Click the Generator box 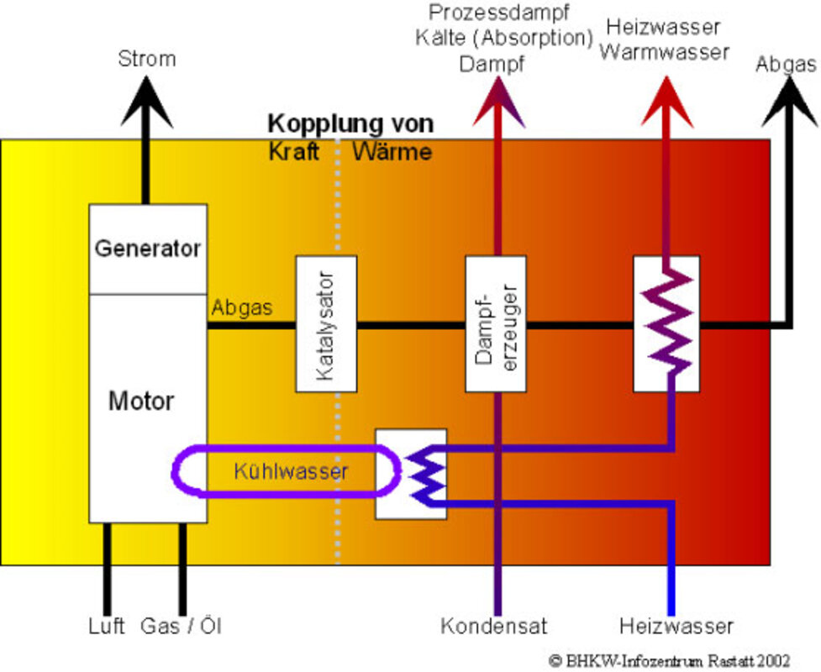pos(148,249)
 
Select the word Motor pos(141,401)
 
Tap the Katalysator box pos(326,323)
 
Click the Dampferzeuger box pos(496,323)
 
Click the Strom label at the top pos(147,59)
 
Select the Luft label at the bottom pos(107,626)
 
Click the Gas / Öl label pos(182,626)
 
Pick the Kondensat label pos(494,626)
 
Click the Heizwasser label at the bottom pos(676,626)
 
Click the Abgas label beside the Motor pos(242,307)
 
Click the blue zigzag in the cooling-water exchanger pos(426,473)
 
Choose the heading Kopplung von pos(350,124)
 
